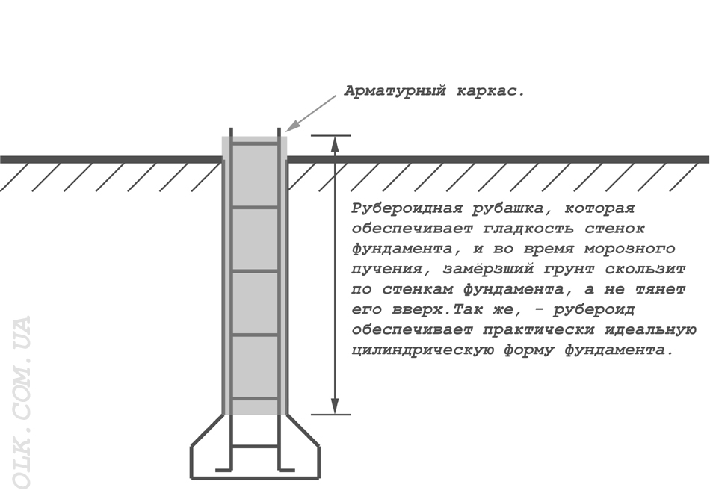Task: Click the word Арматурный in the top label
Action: coord(395,91)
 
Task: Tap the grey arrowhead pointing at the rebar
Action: coord(292,125)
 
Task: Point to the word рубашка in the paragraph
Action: coord(513,208)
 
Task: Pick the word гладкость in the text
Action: coord(528,229)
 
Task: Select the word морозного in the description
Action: coord(629,249)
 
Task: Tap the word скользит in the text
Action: coord(645,269)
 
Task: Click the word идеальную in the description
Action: coord(650,329)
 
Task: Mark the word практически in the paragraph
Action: coord(538,329)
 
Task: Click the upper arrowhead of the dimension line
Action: coord(335,143)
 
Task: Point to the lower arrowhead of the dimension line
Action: coord(335,406)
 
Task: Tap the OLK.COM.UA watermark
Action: coord(20,403)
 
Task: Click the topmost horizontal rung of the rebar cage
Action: coord(255,144)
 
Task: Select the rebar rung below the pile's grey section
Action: coord(255,446)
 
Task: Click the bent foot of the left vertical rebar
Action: coord(224,469)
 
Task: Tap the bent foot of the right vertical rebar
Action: coord(286,469)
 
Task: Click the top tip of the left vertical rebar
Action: coord(232,128)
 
